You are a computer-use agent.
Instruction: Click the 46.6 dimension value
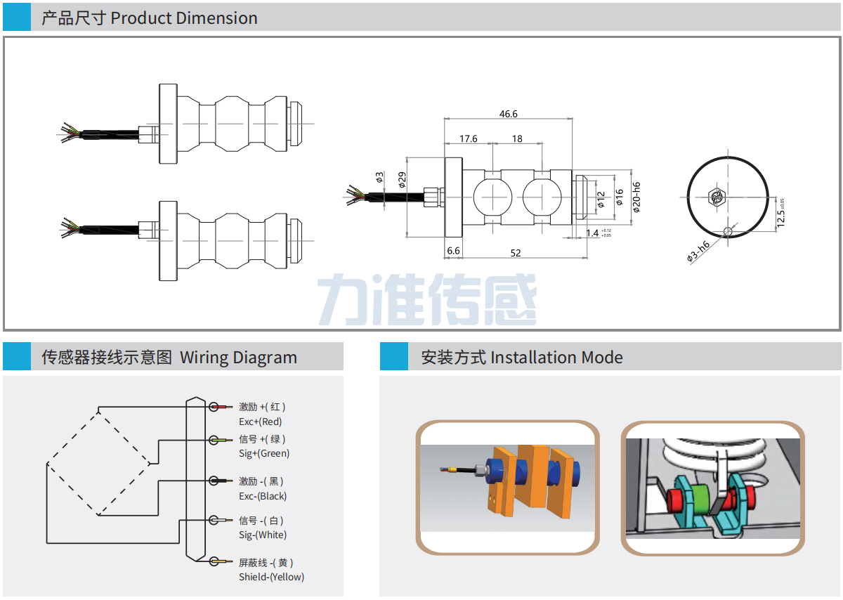pos(508,114)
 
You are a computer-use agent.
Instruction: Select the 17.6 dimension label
pos(469,138)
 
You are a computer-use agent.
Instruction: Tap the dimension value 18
pos(517,138)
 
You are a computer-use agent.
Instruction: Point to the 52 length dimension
pos(516,253)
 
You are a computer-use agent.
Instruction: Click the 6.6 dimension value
pos(453,251)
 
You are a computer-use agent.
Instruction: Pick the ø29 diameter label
pos(403,180)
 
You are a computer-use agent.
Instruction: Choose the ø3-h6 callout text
pos(698,250)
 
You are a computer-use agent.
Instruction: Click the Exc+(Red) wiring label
pos(260,422)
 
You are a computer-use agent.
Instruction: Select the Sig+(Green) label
pos(264,453)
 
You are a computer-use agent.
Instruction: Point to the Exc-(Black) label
pos(263,496)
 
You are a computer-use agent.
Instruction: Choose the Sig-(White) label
pos(263,535)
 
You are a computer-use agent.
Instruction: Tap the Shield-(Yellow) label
pos(271,577)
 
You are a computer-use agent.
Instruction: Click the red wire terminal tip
pos(226,407)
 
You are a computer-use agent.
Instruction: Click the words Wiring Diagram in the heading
pos(238,357)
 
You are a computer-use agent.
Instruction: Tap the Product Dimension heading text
pos(184,18)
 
